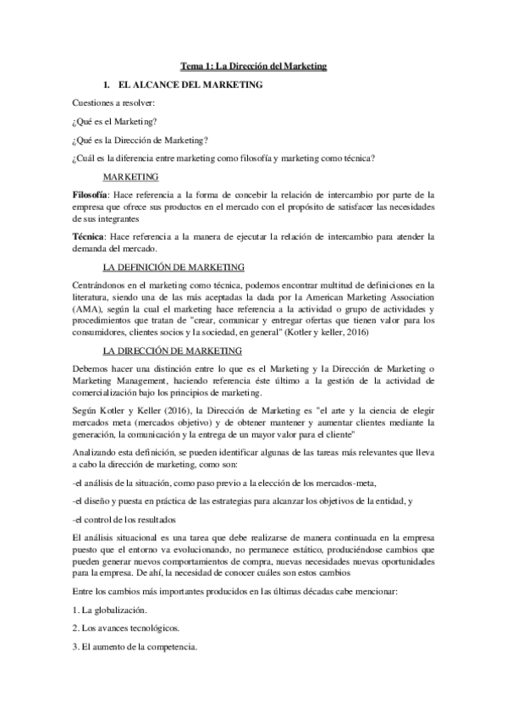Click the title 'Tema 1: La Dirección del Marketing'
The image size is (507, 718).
tap(255, 65)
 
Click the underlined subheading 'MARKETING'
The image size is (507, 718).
tap(130, 177)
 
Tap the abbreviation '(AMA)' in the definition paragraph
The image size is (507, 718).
tap(88, 309)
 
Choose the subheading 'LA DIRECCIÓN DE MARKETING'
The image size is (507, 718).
tap(171, 351)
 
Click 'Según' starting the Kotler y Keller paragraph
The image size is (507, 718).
tap(86, 410)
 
